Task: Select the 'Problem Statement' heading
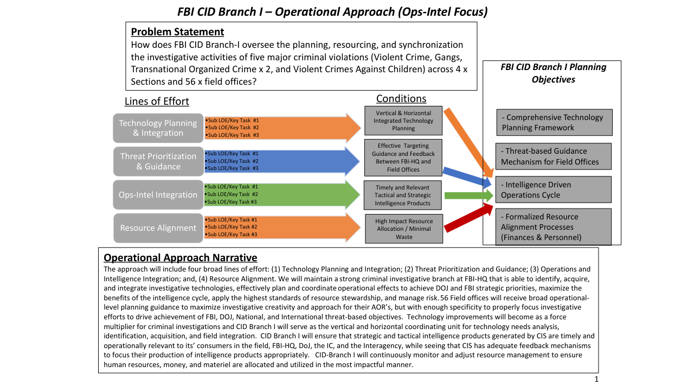point(177,31)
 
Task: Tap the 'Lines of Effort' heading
point(157,102)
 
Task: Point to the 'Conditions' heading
point(401,98)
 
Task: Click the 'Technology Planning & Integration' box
point(158,128)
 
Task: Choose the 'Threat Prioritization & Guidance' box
point(158,161)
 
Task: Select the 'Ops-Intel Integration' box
point(158,195)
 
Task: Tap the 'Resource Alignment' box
point(158,228)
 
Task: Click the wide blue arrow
point(282,161)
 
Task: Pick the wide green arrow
point(282,194)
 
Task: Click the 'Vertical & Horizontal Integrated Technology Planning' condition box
point(403,121)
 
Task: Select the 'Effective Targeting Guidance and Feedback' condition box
point(403,157)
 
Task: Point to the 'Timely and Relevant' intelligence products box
point(403,195)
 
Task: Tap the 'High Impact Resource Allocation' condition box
point(403,229)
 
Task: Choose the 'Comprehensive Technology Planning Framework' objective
point(554,122)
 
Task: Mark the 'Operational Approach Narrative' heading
point(181,257)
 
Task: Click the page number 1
point(596,379)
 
